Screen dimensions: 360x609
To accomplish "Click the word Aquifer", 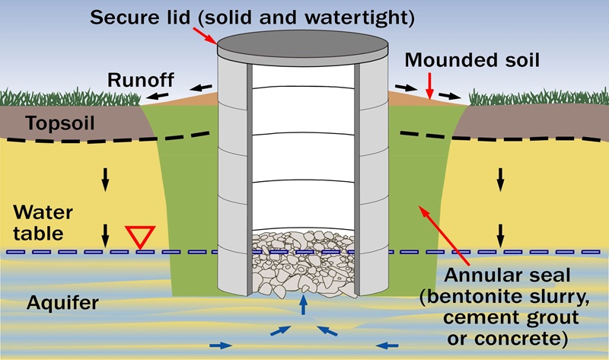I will pyautogui.click(x=59, y=303).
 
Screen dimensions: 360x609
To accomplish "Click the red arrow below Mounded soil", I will pyautogui.click(x=429, y=86).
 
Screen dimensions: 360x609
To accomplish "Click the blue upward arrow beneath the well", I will pyautogui.click(x=304, y=305).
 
